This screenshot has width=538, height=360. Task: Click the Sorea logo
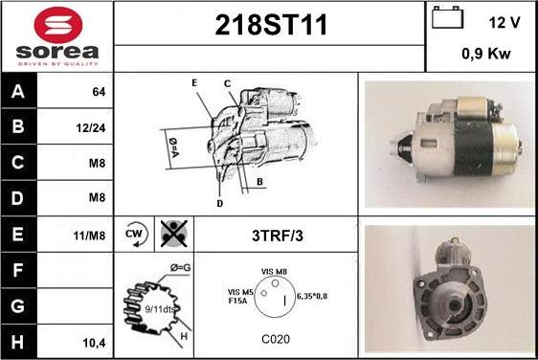pos(56,35)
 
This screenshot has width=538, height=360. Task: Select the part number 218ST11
pos(269,27)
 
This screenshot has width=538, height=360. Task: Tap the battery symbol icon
pos(445,20)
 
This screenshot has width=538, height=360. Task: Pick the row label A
pos(17,93)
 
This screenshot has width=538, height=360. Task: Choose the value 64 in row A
pos(97,93)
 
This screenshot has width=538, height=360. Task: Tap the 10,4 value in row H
pos(95,340)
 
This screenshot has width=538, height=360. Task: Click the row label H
pos(17,340)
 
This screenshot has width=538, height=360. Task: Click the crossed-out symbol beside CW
pos(172,233)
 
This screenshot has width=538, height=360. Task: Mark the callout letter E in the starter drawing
pos(194,83)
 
